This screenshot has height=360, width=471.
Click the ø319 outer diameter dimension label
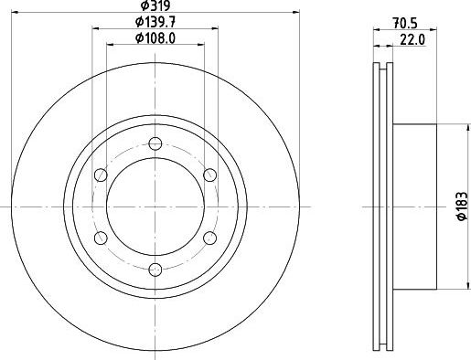click(x=154, y=5)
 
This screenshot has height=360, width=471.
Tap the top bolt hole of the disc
click(x=155, y=143)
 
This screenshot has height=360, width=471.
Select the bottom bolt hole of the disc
click(x=155, y=268)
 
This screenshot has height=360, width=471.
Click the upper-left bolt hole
click(x=101, y=175)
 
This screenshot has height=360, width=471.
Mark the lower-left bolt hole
click(x=101, y=237)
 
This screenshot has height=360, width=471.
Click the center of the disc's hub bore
click(x=155, y=206)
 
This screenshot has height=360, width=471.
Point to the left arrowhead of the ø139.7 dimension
click(x=95, y=28)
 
